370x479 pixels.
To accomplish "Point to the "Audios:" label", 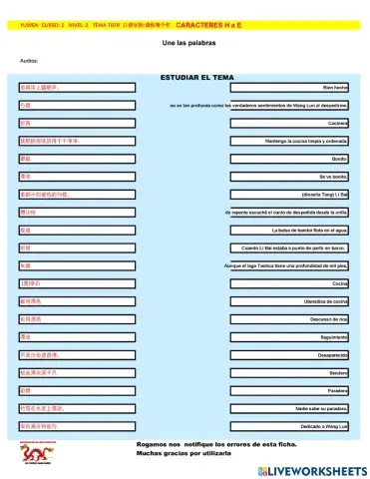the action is [29, 61].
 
